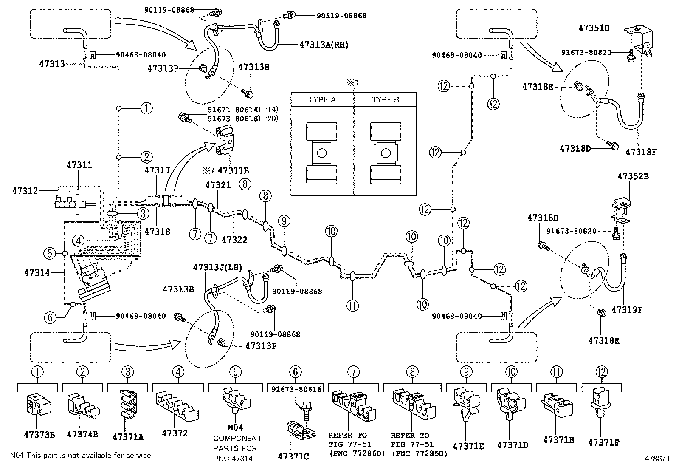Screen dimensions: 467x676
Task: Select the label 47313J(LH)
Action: [217, 267]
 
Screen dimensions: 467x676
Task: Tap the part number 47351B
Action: [594, 28]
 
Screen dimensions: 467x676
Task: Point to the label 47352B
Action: [633, 176]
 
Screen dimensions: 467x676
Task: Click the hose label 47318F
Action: [641, 150]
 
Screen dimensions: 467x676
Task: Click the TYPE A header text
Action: [322, 100]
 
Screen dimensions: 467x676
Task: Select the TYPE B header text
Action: [385, 100]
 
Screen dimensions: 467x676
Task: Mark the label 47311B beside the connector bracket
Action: [233, 171]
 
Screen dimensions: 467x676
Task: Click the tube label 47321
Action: [218, 185]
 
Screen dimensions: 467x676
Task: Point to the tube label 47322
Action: [234, 240]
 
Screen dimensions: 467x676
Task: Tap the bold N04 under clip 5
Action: [235, 428]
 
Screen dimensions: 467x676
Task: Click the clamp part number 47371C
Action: [293, 456]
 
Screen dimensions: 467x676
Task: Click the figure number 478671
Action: [657, 459]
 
